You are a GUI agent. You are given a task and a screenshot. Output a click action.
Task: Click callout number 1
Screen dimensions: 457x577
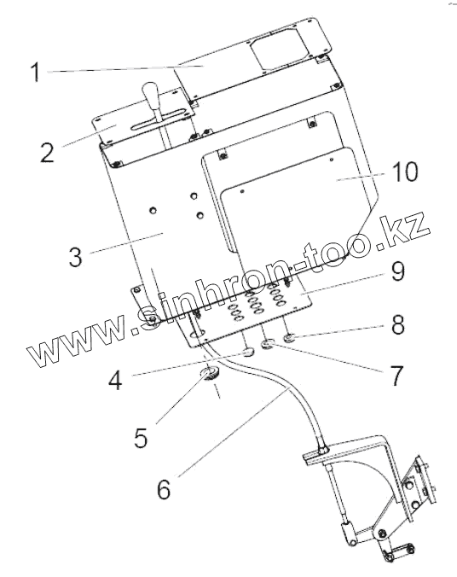(35, 72)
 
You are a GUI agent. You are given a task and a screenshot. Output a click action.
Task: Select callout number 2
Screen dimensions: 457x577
(47, 152)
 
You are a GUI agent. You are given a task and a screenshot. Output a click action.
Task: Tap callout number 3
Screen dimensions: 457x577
(75, 256)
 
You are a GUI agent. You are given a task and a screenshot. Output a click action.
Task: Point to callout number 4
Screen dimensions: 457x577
(115, 380)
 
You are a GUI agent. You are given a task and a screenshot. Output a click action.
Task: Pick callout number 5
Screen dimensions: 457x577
(141, 438)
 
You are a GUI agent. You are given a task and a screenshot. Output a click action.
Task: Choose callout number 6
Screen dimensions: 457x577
(164, 489)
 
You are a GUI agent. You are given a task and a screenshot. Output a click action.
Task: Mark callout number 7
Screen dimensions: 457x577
(396, 376)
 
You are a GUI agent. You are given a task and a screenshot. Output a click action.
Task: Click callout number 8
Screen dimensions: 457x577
(398, 324)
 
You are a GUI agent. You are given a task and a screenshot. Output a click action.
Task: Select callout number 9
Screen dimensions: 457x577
(398, 272)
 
